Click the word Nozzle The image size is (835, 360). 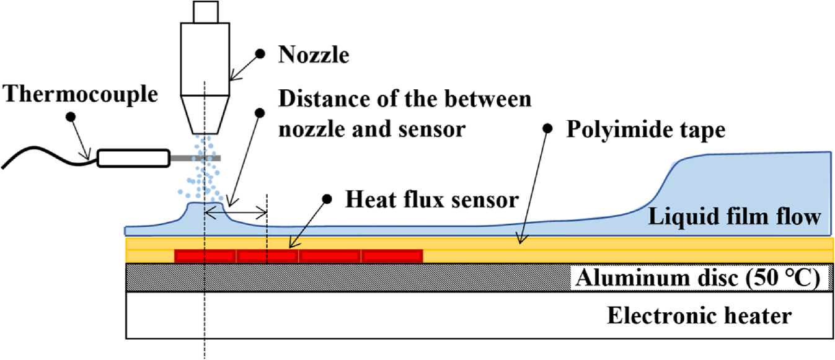coord(314,56)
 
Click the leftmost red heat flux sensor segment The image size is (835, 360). coord(205,255)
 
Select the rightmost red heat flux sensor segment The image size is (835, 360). coord(392,255)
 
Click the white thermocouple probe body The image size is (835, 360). coord(134,158)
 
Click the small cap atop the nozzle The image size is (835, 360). coord(205,11)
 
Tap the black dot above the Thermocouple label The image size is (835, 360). coord(70,116)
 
